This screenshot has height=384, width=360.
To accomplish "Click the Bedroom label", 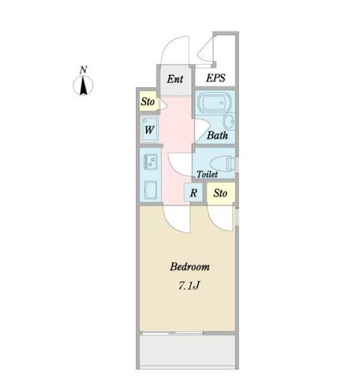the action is pyautogui.click(x=190, y=267).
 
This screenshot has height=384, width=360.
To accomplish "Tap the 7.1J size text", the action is pyautogui.click(x=189, y=285).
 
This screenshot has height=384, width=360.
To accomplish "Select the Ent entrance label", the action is pyautogui.click(x=175, y=79).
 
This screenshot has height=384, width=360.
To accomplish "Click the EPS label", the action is pyautogui.click(x=215, y=78).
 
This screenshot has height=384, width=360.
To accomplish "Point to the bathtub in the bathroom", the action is pyautogui.click(x=214, y=102).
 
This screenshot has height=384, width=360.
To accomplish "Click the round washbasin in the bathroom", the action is pyautogui.click(x=230, y=121).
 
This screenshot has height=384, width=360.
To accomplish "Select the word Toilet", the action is pyautogui.click(x=207, y=174).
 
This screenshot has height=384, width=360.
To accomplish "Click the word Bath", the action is pyautogui.click(x=217, y=135).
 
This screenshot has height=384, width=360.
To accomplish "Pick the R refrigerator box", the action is pyautogui.click(x=193, y=192).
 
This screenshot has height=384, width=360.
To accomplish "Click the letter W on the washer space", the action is pyautogui.click(x=149, y=129).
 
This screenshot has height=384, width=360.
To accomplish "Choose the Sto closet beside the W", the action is pyautogui.click(x=148, y=101).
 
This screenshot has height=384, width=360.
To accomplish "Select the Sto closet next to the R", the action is pyautogui.click(x=221, y=193).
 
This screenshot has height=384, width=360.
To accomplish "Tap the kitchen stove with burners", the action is pyautogui.click(x=151, y=162).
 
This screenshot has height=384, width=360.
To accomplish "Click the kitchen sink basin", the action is pyautogui.click(x=150, y=190).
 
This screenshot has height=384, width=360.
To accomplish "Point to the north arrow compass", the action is pyautogui.click(x=83, y=86).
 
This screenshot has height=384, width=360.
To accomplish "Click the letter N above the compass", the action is pyautogui.click(x=83, y=70).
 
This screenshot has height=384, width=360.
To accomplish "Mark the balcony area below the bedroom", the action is pyautogui.click(x=187, y=351).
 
